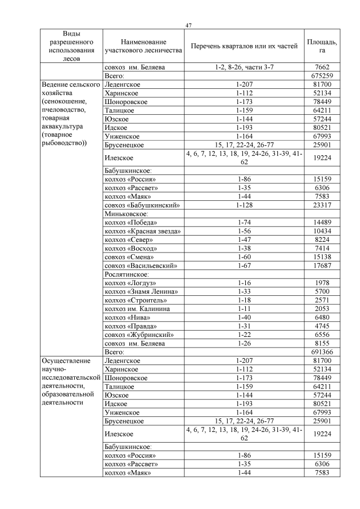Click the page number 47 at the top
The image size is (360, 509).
click(188, 25)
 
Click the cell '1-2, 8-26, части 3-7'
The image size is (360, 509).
click(244, 67)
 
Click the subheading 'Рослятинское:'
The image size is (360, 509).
click(127, 274)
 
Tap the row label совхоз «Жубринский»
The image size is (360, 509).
click(138, 334)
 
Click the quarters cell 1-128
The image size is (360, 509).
click(244, 205)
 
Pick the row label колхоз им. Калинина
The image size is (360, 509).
click(137, 309)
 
